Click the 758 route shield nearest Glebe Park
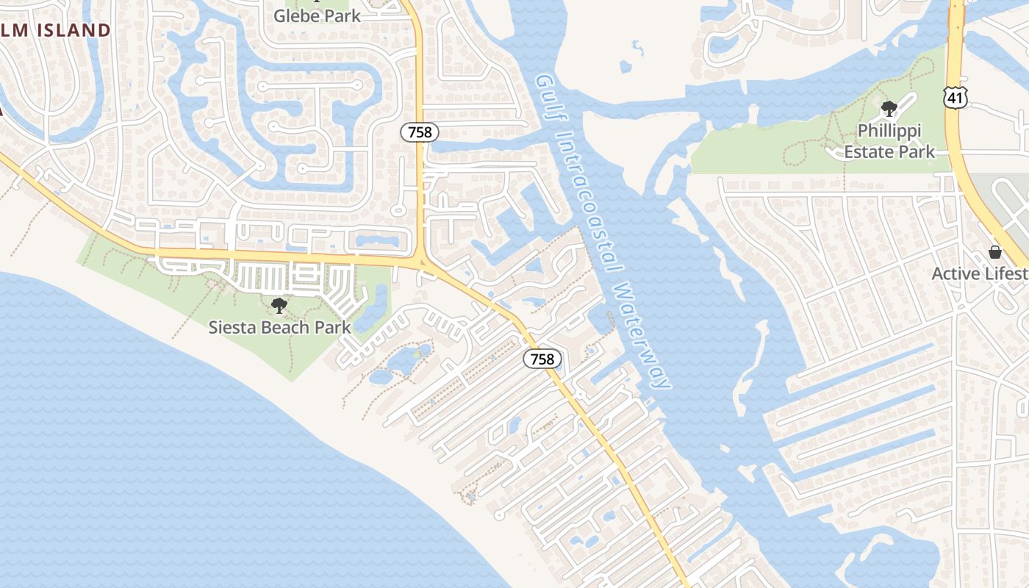pyautogui.click(x=420, y=132)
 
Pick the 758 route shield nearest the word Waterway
pyautogui.click(x=542, y=359)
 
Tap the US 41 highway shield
pyautogui.click(x=956, y=96)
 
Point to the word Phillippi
pyautogui.click(x=889, y=131)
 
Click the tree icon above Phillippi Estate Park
pyautogui.click(x=889, y=110)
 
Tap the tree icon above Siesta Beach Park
pyautogui.click(x=279, y=305)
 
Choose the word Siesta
pyautogui.click(x=232, y=327)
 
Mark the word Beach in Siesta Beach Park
pyautogui.click(x=287, y=327)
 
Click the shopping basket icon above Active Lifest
pyautogui.click(x=995, y=252)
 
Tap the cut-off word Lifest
pyautogui.click(x=1007, y=273)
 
